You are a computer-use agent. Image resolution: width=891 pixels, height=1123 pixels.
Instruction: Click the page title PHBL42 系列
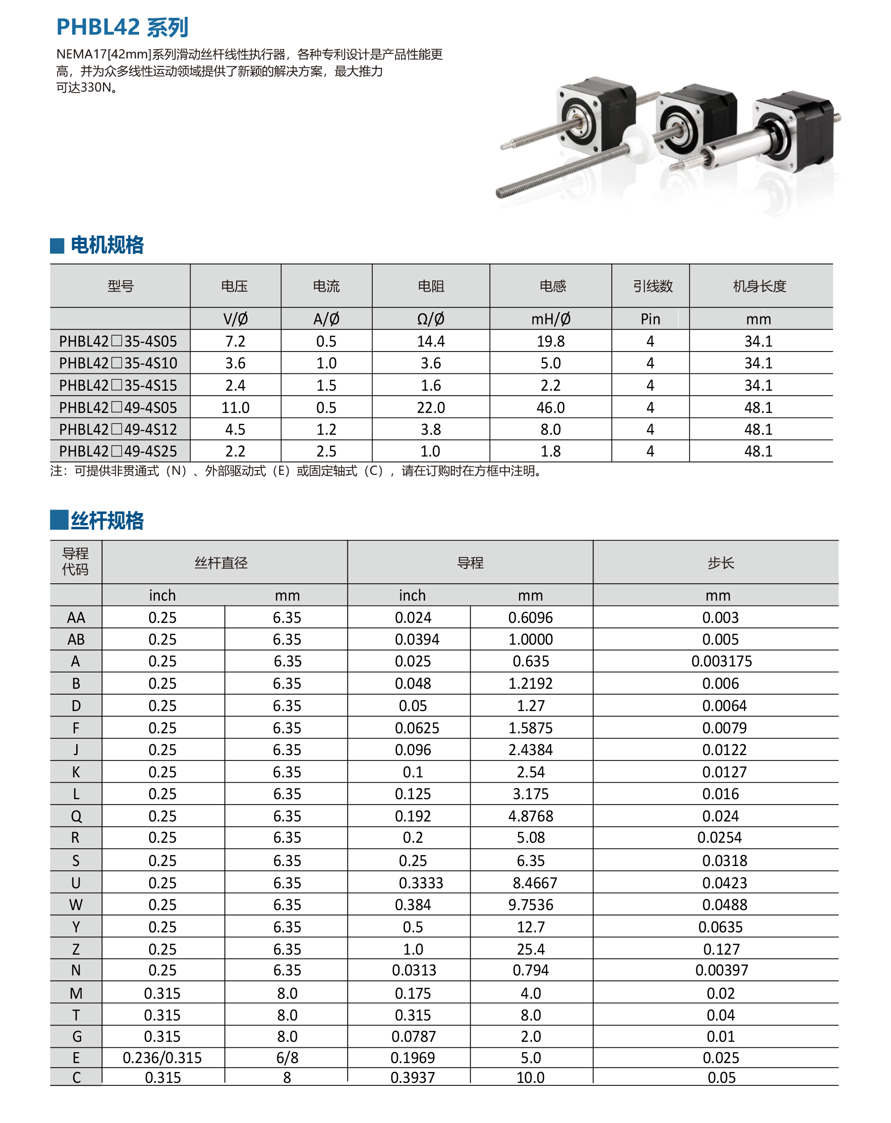coord(122,27)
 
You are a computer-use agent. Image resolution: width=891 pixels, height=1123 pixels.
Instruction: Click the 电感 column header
coord(551,286)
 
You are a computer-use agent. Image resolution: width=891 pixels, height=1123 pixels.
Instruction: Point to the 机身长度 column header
coord(759,286)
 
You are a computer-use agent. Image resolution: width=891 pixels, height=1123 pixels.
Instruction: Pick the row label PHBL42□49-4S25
coord(118,451)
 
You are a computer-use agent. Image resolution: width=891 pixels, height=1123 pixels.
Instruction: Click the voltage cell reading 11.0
coord(236,408)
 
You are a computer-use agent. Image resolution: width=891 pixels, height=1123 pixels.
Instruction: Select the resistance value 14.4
coord(431,341)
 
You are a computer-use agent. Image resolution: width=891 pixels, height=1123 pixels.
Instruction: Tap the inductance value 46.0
coord(550,408)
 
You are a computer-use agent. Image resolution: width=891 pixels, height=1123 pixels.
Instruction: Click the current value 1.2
coord(327,429)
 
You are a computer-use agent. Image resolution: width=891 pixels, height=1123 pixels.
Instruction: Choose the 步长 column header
coord(720,562)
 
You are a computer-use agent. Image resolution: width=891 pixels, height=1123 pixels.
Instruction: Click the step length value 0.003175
coord(721,661)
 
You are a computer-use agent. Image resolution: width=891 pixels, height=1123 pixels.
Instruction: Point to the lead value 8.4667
coord(534,882)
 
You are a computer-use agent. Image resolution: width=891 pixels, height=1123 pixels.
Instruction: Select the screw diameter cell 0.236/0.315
coord(162,1057)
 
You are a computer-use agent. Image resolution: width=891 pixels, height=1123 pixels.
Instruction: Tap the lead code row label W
coord(76,905)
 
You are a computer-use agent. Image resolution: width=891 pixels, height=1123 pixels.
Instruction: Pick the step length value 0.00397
coord(721,970)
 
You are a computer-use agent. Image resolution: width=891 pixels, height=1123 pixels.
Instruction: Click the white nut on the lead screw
coord(638,140)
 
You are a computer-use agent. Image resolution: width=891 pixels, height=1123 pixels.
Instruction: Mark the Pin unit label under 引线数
coord(650,319)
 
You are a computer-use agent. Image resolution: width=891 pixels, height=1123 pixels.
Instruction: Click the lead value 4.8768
coord(531,816)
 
